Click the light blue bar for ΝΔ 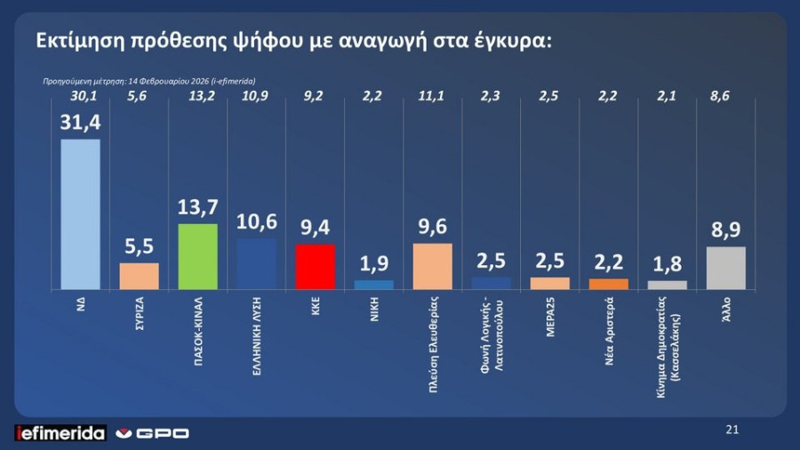pyautogui.click(x=80, y=213)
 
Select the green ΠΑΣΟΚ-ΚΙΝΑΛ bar pyautogui.click(x=198, y=256)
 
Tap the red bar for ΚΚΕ pyautogui.click(x=315, y=267)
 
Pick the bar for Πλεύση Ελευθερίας pyautogui.click(x=432, y=266)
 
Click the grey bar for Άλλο pyautogui.click(x=725, y=268)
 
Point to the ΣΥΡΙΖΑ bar pyautogui.click(x=140, y=276)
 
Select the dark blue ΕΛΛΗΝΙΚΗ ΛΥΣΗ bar pyautogui.click(x=257, y=264)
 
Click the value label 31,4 pyautogui.click(x=80, y=123)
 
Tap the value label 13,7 pyautogui.click(x=198, y=208)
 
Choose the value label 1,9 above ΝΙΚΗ pyautogui.click(x=373, y=264)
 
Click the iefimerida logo pyautogui.click(x=60, y=433)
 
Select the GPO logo pyautogui.click(x=155, y=433)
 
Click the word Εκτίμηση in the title pyautogui.click(x=84, y=41)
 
